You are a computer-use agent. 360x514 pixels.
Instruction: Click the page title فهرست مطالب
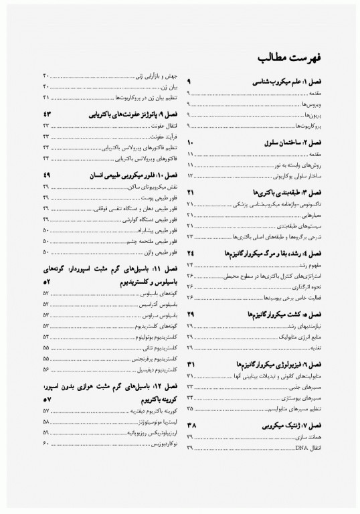pyautogui.click(x=288, y=57)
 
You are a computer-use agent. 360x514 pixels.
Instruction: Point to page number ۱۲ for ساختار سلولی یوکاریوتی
pyautogui.click(x=191, y=175)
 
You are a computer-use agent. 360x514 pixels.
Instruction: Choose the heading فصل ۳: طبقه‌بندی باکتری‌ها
pyautogui.click(x=285, y=192)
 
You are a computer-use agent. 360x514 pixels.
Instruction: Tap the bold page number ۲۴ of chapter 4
pyautogui.click(x=191, y=254)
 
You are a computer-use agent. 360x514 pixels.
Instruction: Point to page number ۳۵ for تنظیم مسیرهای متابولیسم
pyautogui.click(x=191, y=407)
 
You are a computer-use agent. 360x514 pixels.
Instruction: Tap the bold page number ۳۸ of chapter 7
pyautogui.click(x=191, y=426)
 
